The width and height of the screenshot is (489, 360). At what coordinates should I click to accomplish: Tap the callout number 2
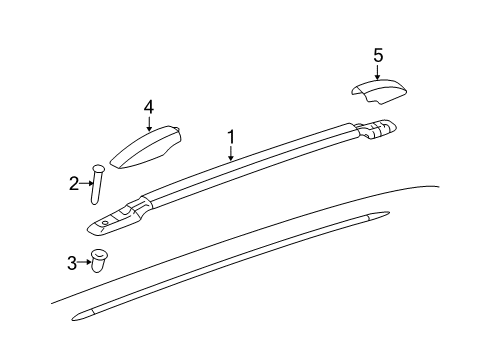[x=74, y=183]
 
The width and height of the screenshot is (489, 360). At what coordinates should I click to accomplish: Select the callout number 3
[x=72, y=263]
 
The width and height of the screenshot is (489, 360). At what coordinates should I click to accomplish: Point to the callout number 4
[x=148, y=106]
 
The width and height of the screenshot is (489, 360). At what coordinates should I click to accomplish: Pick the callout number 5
[x=378, y=56]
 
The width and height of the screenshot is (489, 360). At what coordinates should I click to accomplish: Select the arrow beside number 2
[x=86, y=183]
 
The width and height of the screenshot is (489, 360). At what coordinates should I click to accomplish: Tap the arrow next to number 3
[x=84, y=263]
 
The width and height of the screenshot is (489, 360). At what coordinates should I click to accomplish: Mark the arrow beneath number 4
[x=148, y=123]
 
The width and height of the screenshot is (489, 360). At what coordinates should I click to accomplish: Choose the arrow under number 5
[x=378, y=73]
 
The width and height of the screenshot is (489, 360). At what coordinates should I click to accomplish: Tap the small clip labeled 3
[x=101, y=260]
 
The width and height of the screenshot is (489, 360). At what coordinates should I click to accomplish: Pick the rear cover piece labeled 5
[x=378, y=93]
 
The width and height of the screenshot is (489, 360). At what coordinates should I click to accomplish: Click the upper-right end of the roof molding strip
[x=380, y=215]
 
